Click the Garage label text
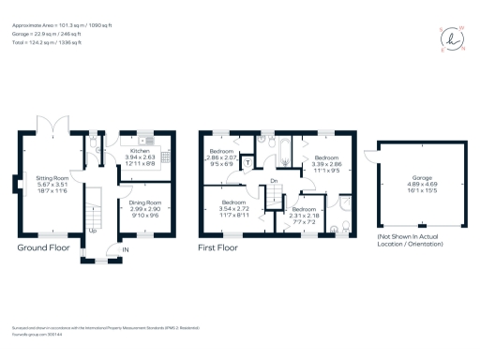422,181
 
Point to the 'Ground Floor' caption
44,248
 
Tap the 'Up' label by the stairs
92,230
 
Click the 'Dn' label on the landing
274,182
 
